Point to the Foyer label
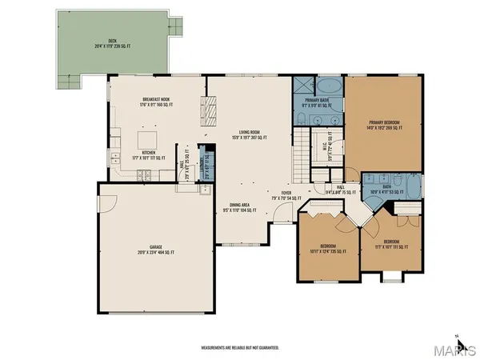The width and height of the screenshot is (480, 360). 285,194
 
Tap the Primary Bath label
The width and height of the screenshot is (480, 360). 315,103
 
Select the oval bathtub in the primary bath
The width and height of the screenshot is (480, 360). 328,86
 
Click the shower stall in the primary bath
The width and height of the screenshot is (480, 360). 302,86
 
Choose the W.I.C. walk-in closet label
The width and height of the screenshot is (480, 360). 322,145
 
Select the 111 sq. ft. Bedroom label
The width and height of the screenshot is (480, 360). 390,243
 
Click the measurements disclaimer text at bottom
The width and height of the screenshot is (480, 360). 239,347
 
